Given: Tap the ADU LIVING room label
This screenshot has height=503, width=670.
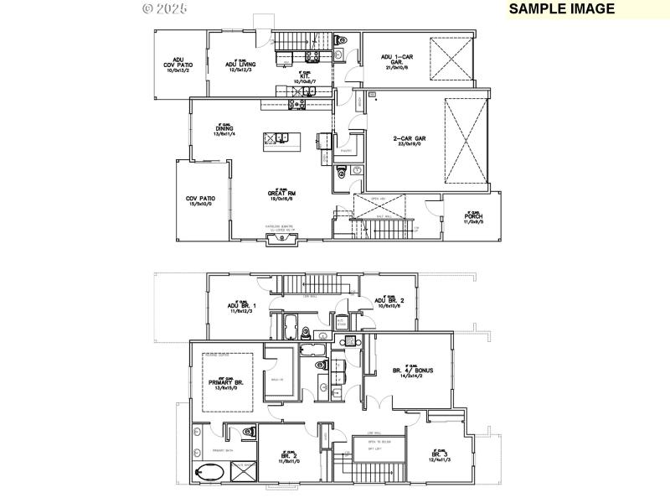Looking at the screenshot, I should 240,65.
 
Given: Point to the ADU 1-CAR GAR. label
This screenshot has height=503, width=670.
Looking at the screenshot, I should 398,60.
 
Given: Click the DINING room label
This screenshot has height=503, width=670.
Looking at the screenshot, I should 224,129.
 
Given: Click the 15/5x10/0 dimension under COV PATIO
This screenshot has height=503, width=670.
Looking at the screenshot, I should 201,204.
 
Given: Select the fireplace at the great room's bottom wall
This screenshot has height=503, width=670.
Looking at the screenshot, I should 281,239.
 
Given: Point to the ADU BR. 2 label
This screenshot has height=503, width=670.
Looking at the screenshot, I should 390,301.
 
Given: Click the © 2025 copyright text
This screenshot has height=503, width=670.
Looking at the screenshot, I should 165,8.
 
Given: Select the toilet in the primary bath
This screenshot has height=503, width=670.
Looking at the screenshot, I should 247,433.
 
